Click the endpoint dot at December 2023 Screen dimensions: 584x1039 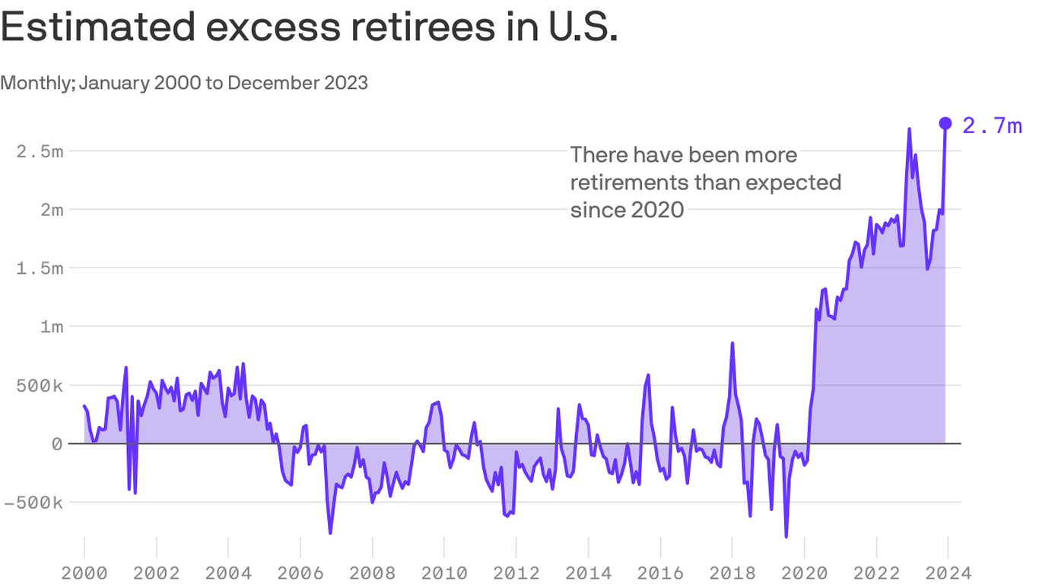[x=945, y=123]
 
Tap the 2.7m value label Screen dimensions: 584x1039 [x=992, y=125]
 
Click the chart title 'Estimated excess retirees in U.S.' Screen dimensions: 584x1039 [x=308, y=28]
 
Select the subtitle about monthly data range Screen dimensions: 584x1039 [x=184, y=82]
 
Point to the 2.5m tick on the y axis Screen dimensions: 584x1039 [x=40, y=151]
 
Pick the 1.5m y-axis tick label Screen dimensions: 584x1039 [x=40, y=268]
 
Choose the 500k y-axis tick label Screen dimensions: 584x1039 [x=35, y=385]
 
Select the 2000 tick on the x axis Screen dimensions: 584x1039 [x=84, y=571]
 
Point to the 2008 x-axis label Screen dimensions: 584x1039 [x=372, y=571]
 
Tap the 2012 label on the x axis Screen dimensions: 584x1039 [x=516, y=571]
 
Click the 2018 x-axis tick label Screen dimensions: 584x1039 [x=732, y=571]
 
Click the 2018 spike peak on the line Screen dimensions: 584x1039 [x=732, y=343]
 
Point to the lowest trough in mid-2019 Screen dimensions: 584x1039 [x=786, y=537]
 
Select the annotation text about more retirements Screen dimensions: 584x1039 [x=705, y=182]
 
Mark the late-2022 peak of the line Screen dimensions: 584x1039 [x=910, y=129]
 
